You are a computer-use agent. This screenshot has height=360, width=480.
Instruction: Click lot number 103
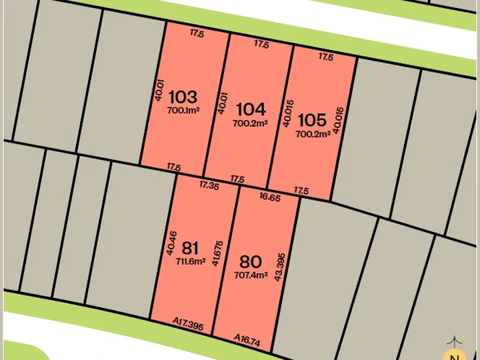(183, 97)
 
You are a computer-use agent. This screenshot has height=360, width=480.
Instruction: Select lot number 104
(250, 109)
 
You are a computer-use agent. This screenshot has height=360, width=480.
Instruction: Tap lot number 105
(312, 120)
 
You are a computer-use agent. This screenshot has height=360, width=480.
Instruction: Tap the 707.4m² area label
(251, 274)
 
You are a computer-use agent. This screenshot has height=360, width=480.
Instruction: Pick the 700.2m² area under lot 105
(313, 134)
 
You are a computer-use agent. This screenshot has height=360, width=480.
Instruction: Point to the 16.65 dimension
(269, 197)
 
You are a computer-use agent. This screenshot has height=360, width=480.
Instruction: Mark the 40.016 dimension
(287, 114)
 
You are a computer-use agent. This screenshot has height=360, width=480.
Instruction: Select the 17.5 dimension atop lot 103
(196, 32)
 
